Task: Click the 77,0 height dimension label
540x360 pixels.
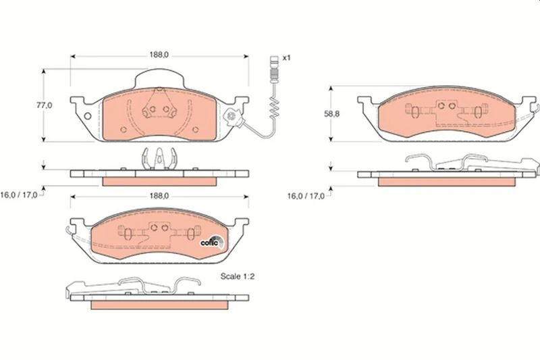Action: point(45,105)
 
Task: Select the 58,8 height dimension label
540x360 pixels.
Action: point(331,113)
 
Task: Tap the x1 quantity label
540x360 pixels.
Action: point(286,58)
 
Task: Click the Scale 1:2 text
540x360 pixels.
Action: point(238,276)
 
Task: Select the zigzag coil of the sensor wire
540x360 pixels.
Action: point(275,107)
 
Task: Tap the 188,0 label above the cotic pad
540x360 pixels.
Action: point(159,196)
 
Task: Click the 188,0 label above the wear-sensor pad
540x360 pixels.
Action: point(159,55)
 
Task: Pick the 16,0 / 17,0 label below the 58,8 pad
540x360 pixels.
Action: point(306,196)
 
